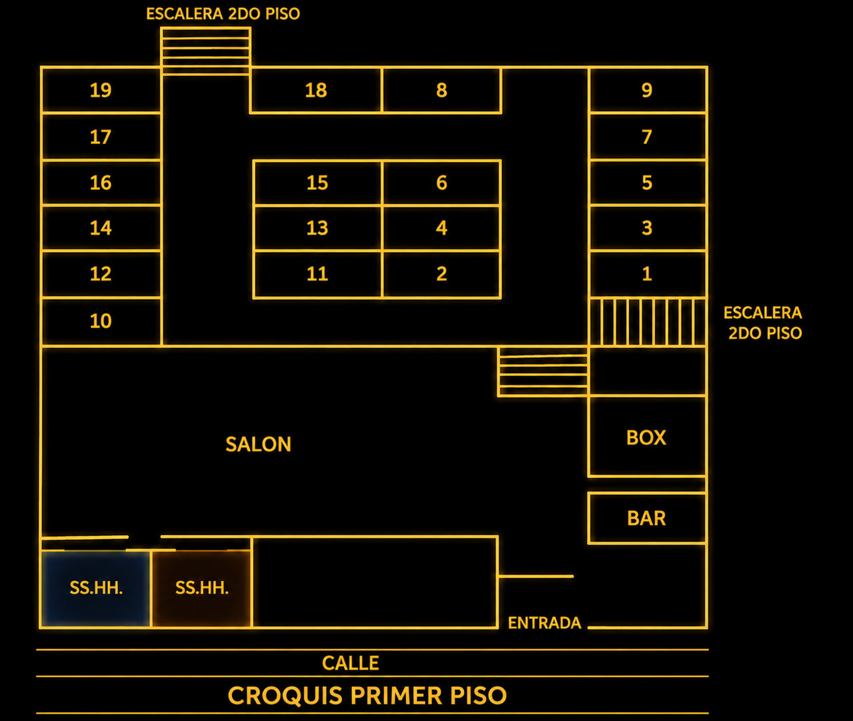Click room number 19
click(x=101, y=90)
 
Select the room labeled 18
click(x=316, y=90)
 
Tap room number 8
click(x=442, y=90)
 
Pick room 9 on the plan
click(x=647, y=90)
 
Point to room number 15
click(x=317, y=183)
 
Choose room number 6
click(x=442, y=183)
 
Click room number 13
click(x=317, y=228)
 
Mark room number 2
click(x=442, y=274)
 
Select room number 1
click(x=647, y=274)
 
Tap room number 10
click(x=101, y=321)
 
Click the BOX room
click(x=646, y=436)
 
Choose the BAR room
click(x=646, y=518)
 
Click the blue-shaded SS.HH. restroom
click(x=96, y=588)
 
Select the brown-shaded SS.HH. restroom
click(x=202, y=588)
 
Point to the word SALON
click(x=259, y=444)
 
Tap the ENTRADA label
click(x=544, y=623)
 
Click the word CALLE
click(x=351, y=663)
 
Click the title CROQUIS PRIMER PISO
click(x=367, y=696)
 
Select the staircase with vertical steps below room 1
click(x=647, y=322)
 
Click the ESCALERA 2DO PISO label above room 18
click(x=223, y=14)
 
